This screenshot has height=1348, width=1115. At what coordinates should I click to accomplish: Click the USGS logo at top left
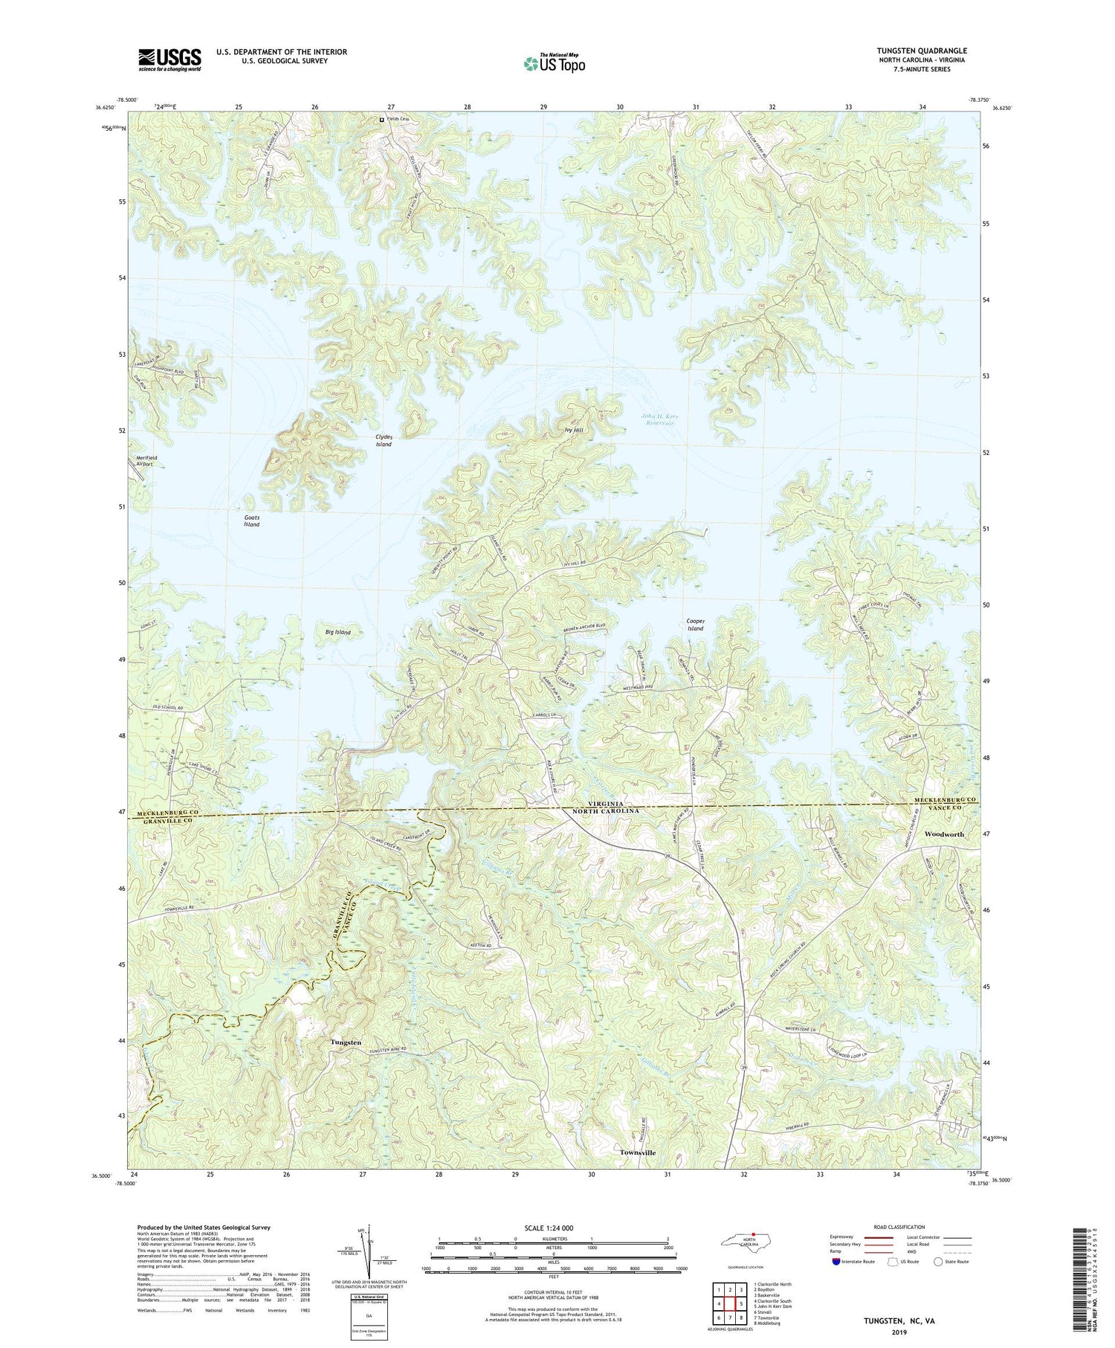[x=169, y=59]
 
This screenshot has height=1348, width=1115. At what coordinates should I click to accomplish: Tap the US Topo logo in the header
[x=554, y=64]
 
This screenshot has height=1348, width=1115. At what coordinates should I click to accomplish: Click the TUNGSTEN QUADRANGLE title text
[x=922, y=51]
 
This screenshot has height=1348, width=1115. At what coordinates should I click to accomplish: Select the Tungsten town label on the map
[x=346, y=1042]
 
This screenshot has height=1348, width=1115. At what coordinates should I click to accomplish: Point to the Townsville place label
[x=638, y=1152]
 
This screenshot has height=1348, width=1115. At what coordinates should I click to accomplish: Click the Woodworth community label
[x=944, y=834]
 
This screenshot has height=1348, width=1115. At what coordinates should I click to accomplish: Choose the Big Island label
[x=337, y=632]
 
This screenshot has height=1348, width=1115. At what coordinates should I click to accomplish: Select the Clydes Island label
[x=384, y=440]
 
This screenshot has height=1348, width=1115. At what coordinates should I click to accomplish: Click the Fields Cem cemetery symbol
[x=382, y=120]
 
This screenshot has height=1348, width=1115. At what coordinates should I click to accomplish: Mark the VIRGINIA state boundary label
[x=606, y=804]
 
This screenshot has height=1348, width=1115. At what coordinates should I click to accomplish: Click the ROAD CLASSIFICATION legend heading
[x=899, y=1228]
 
